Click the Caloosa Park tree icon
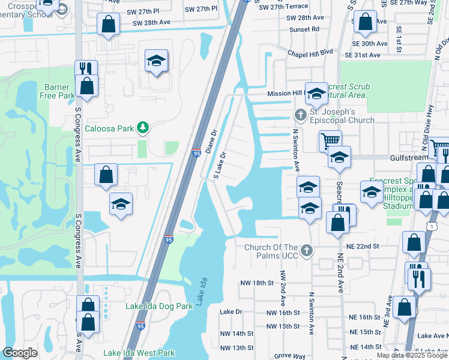142,127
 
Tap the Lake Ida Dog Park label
159,306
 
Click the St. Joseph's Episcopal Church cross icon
301,114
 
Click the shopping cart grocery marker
330,141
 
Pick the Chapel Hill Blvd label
310,52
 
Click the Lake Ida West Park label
139,353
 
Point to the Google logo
20,353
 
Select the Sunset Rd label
306,28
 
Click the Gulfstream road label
408,156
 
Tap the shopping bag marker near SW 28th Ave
108,25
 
